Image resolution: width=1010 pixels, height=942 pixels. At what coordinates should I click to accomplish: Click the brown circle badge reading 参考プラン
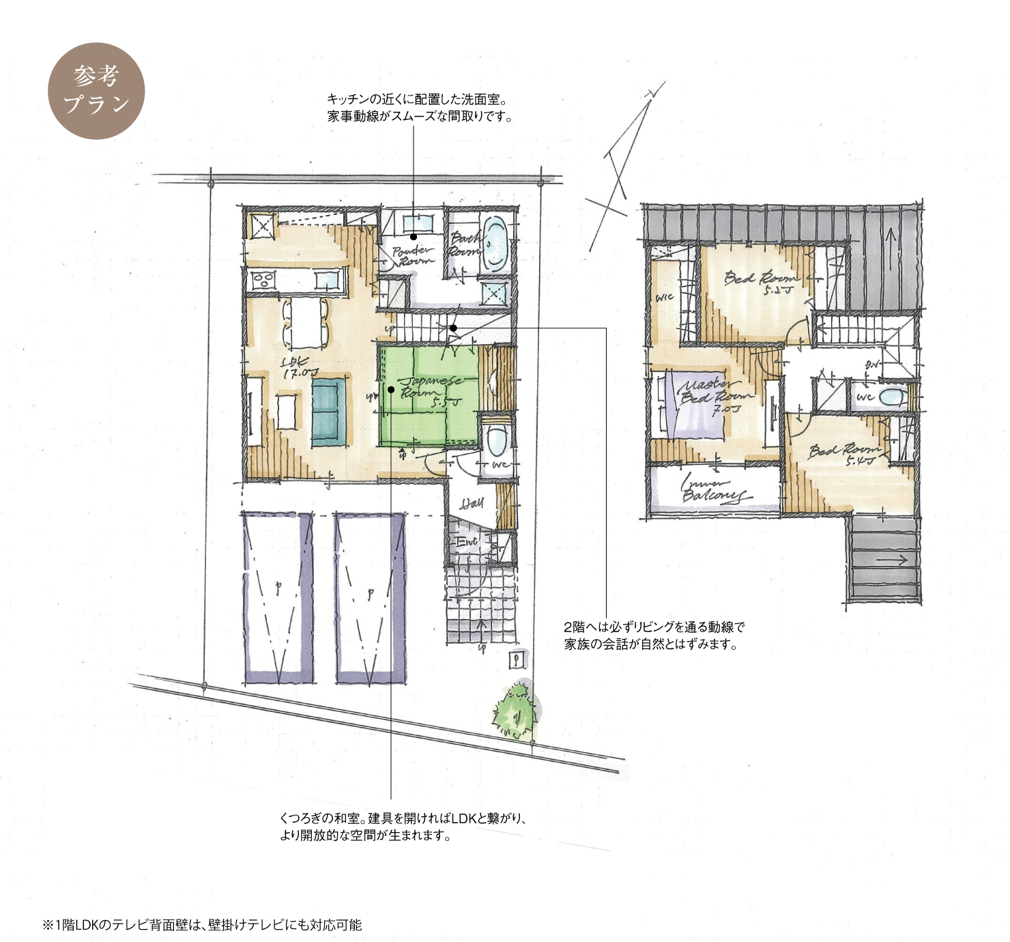pos(96,91)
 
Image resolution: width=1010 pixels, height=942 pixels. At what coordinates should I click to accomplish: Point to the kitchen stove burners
pos(263,280)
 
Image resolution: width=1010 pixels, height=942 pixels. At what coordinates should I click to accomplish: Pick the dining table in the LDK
pos(305,323)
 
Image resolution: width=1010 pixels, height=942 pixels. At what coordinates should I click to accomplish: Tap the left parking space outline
pos(278,597)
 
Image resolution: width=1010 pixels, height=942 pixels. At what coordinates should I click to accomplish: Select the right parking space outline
pos(371,597)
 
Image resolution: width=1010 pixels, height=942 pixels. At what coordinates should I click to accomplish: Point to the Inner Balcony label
pos(713,489)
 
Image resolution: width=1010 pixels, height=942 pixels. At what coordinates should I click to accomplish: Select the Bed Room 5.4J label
pos(845,454)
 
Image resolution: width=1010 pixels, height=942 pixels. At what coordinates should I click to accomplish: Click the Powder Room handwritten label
pos(412,256)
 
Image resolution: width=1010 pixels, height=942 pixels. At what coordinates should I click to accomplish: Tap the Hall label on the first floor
pos(472,504)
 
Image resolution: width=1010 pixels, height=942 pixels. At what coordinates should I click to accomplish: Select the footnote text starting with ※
pos(203,925)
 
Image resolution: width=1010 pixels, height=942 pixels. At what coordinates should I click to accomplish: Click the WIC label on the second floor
pos(664,298)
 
